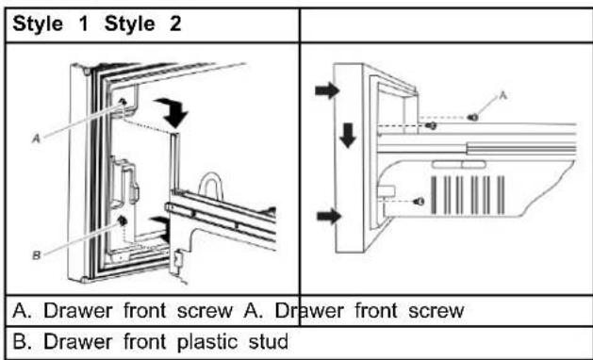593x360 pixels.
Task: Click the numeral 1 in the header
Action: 84,24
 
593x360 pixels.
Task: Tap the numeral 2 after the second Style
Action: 175,24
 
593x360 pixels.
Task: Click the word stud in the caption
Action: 269,341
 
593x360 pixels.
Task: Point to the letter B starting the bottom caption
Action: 19,341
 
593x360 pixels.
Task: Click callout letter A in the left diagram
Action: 36,139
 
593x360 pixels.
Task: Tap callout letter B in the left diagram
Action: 36,256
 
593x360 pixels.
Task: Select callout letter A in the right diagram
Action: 502,96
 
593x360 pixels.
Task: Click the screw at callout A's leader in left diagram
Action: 123,102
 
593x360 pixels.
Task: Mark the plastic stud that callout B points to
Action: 122,221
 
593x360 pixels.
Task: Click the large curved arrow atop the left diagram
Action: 173,112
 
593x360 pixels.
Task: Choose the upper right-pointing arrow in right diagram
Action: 327,90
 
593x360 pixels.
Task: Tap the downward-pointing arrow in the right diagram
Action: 348,135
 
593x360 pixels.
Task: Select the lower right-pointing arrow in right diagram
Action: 329,217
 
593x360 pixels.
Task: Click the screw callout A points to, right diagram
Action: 472,118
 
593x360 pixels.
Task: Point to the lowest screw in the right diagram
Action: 419,202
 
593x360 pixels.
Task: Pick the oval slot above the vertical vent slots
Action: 459,165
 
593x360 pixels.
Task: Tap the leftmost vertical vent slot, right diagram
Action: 434,195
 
